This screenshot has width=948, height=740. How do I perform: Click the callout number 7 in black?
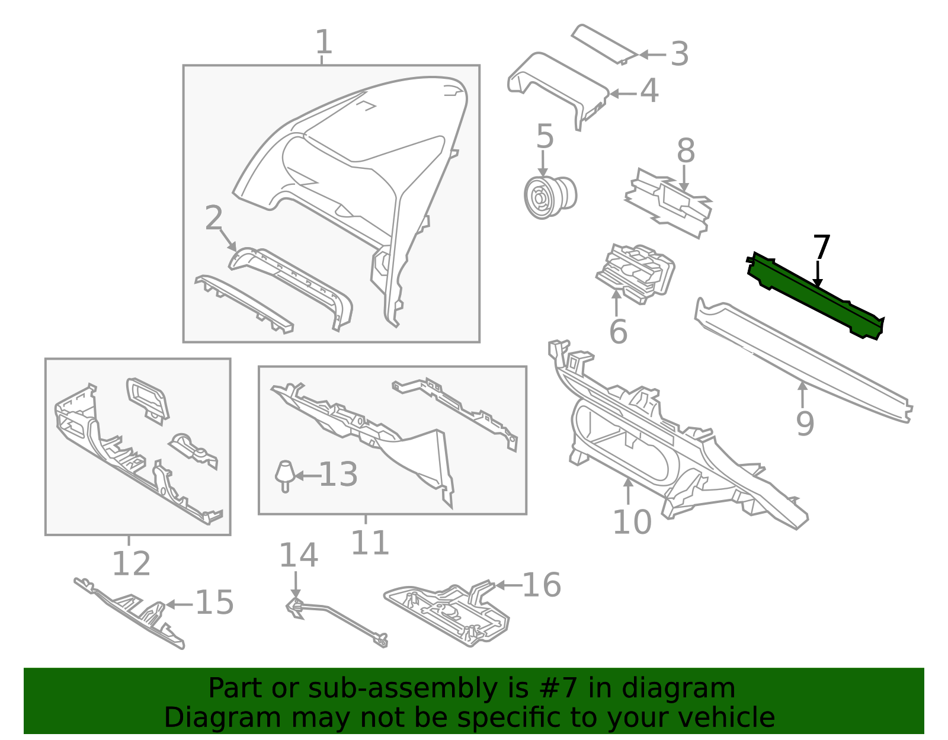click(821, 247)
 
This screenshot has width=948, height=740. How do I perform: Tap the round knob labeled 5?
click(550, 195)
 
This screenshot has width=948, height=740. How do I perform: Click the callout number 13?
click(338, 475)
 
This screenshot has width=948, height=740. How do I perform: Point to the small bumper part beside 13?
click(285, 474)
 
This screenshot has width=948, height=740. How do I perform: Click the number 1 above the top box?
click(323, 42)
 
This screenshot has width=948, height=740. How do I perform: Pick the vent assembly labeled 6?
click(636, 273)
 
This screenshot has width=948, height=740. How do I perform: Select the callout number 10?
click(632, 522)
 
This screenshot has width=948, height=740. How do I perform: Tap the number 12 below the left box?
click(131, 563)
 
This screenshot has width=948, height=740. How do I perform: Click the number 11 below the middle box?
click(370, 543)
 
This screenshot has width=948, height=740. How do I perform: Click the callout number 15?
click(214, 603)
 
